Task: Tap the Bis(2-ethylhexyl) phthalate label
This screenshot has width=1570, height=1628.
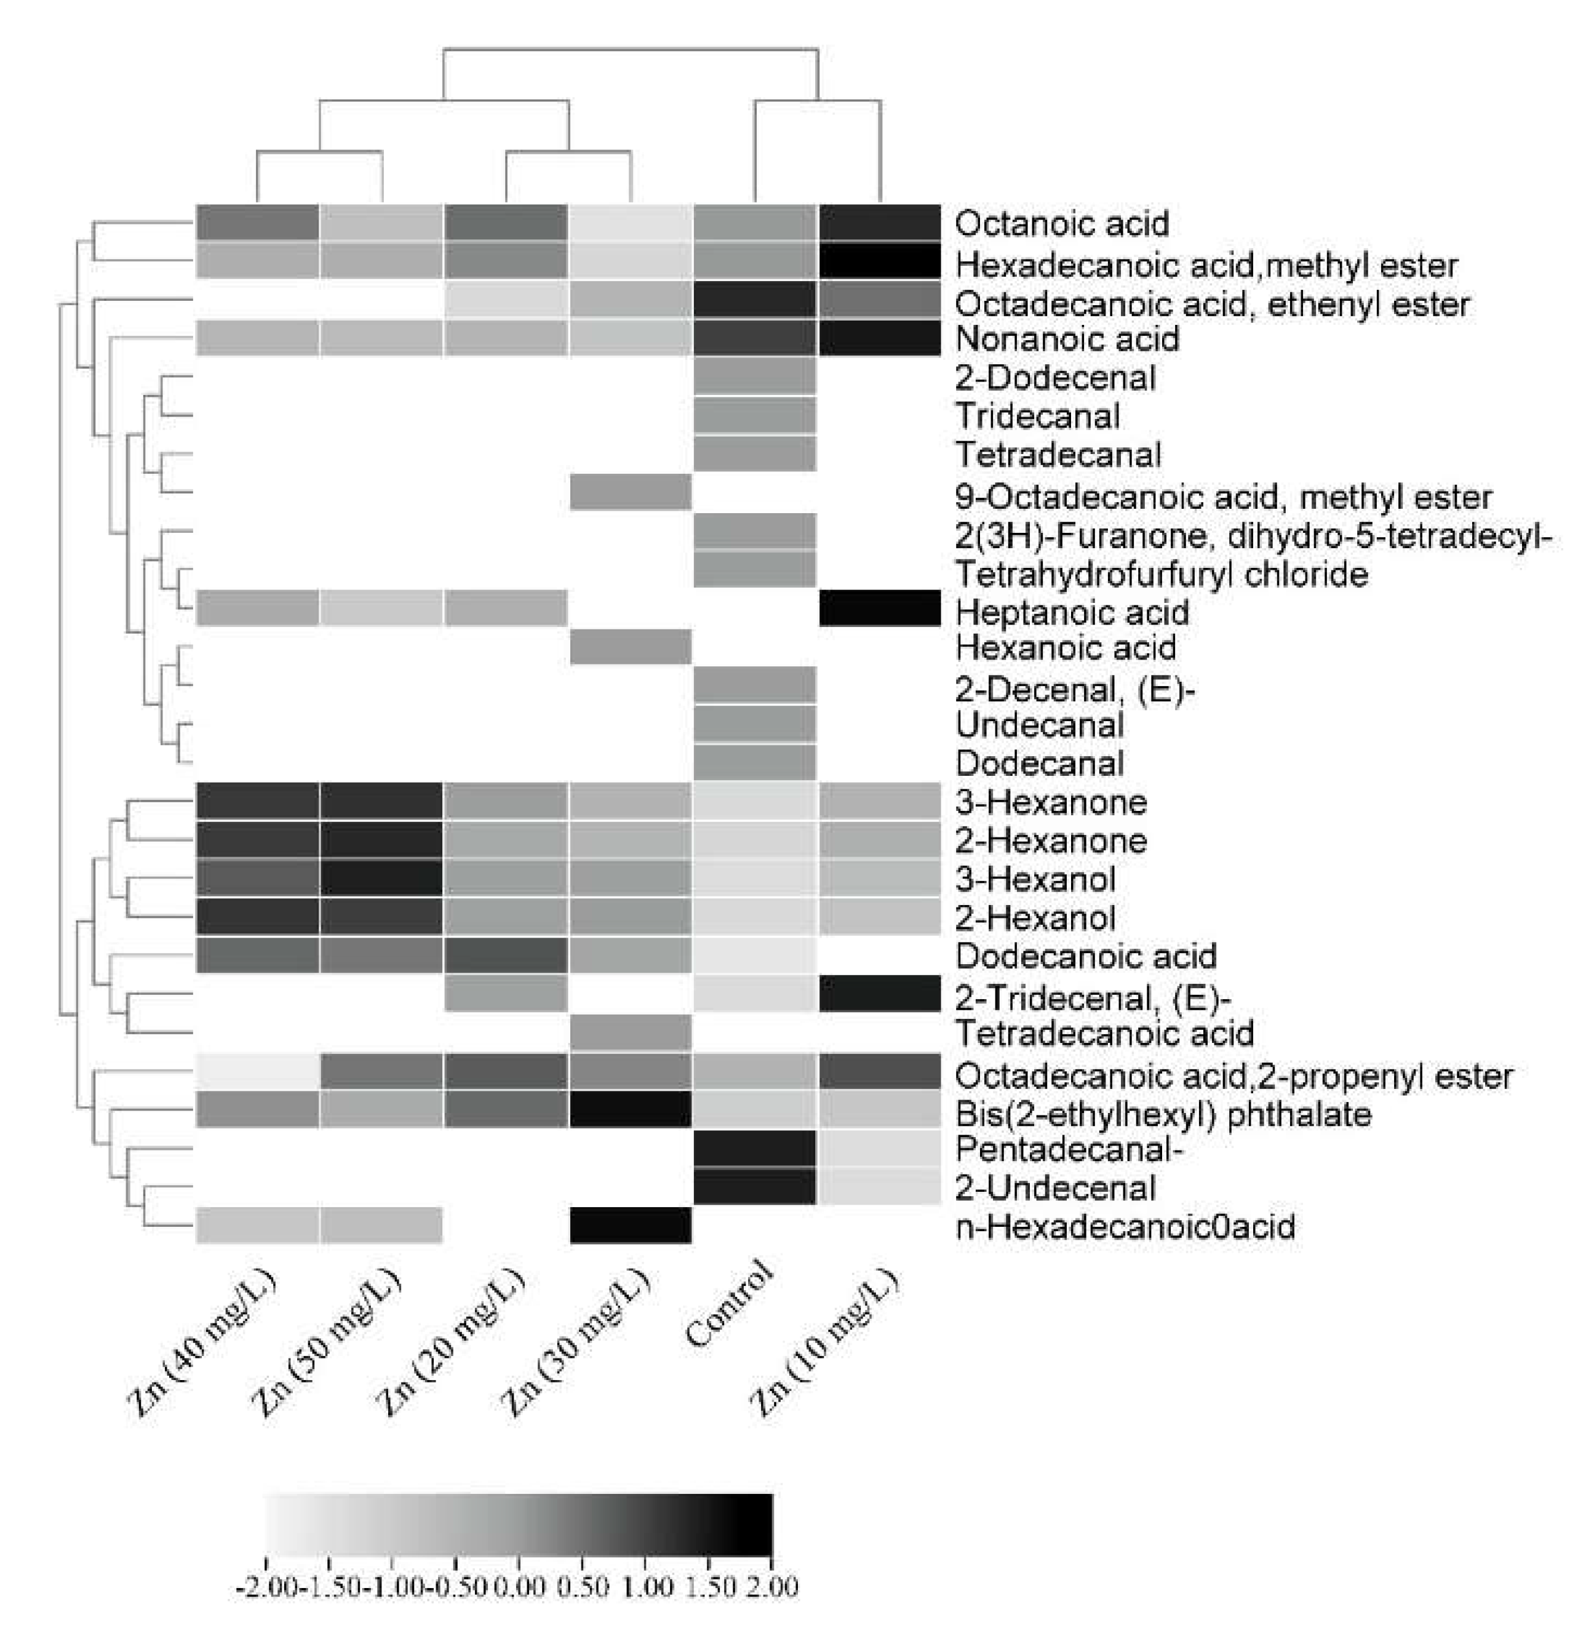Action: click(x=1163, y=1113)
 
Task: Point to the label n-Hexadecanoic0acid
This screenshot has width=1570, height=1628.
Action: click(x=1125, y=1226)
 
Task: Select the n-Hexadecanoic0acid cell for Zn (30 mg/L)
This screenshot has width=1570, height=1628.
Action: click(x=631, y=1225)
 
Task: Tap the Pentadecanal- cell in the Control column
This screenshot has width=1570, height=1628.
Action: click(x=754, y=1148)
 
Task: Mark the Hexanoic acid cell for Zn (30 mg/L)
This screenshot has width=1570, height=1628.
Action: click(x=631, y=647)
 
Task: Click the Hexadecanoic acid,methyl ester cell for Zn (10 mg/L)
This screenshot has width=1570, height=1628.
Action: click(x=879, y=260)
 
